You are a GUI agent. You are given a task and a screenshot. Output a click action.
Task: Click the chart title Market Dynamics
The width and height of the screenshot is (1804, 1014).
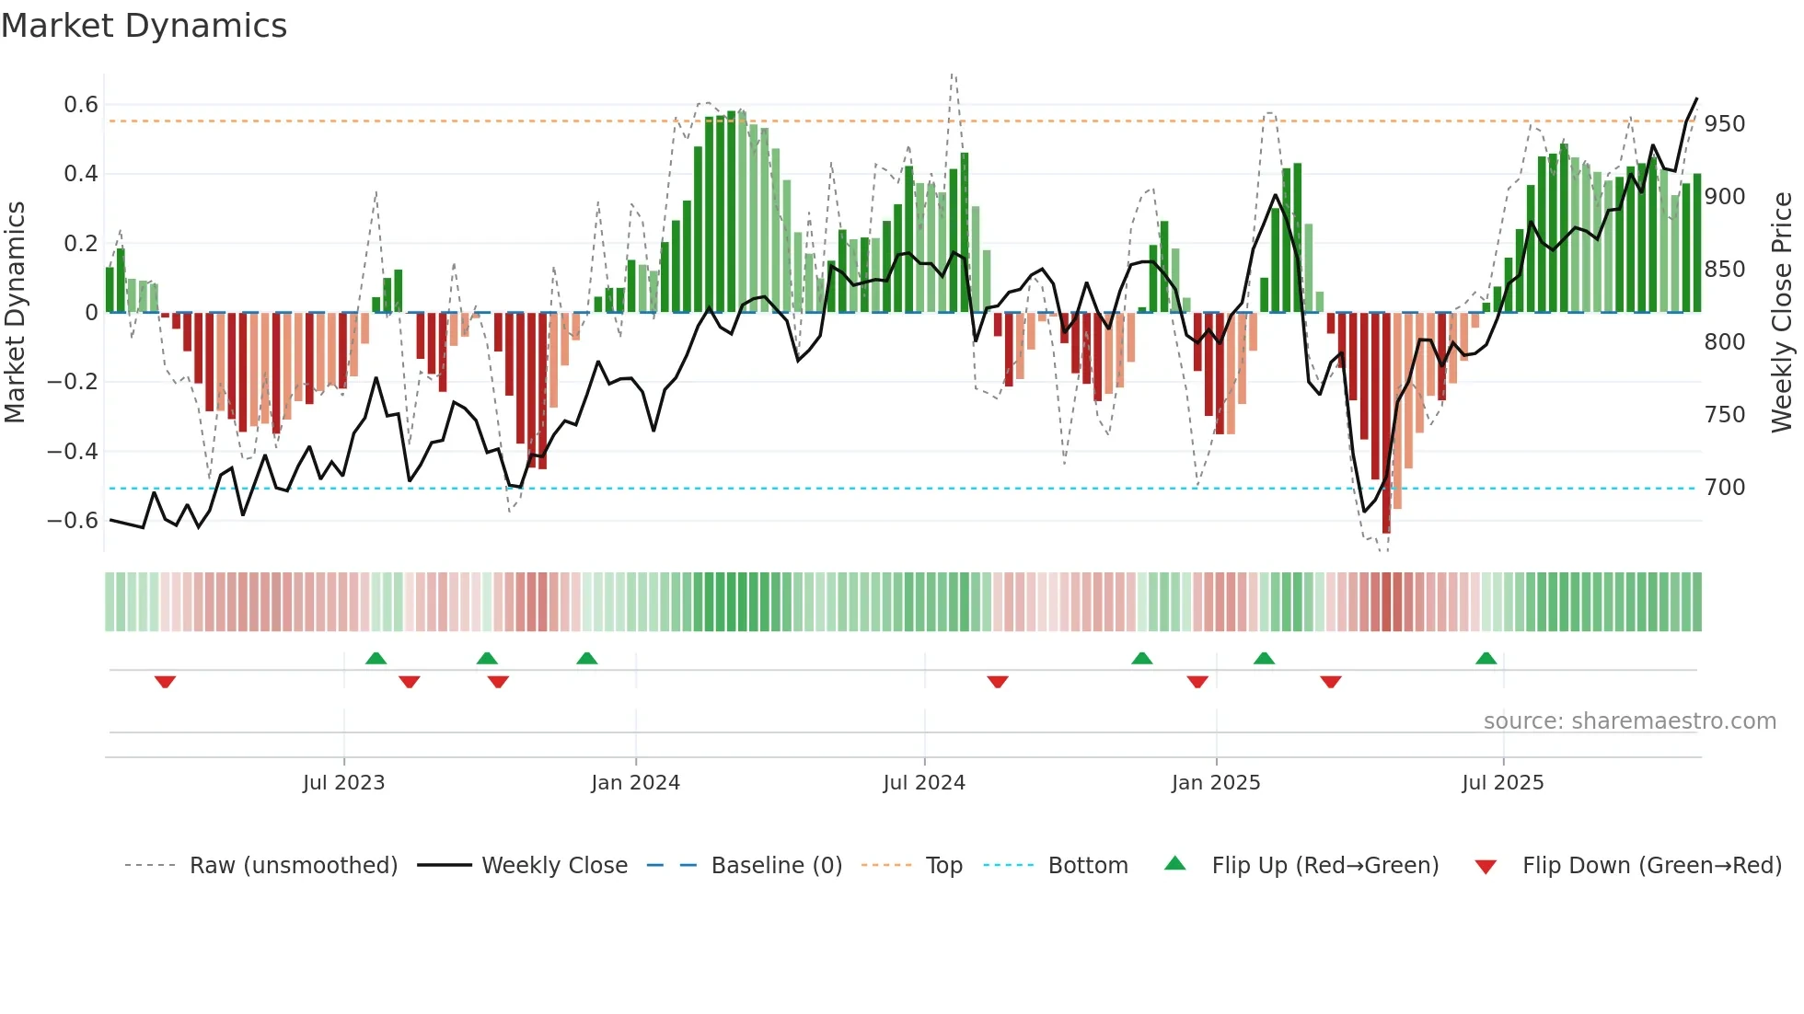144,26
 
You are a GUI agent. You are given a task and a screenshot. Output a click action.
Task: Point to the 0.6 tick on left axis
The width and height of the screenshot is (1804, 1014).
81,105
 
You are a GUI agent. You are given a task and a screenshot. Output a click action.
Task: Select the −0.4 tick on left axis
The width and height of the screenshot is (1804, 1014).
73,451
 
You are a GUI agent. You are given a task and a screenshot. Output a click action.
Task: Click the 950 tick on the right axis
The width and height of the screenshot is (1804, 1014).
1724,124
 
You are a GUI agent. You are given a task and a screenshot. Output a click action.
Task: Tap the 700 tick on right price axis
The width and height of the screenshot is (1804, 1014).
1724,488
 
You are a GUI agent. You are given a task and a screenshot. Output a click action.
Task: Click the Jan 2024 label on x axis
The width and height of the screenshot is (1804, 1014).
635,783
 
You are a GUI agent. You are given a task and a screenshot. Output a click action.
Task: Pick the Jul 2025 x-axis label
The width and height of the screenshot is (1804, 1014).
1502,783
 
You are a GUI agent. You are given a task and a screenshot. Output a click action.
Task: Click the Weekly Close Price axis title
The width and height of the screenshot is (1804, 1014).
1782,313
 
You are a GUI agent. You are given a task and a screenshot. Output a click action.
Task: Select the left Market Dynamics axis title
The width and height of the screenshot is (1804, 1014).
16,313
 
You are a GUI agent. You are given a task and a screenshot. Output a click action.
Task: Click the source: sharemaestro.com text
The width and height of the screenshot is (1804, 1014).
1629,721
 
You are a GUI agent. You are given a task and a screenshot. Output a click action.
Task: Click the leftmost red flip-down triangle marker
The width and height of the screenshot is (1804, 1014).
165,682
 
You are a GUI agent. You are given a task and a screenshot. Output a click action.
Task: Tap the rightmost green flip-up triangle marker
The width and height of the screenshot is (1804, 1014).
1486,658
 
